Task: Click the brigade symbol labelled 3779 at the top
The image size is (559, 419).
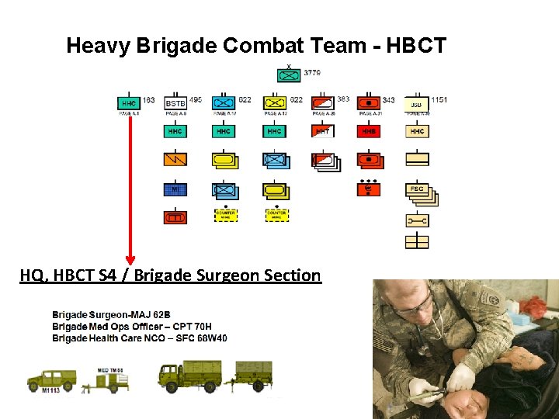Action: (x=289, y=75)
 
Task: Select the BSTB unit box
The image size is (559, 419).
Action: (x=175, y=103)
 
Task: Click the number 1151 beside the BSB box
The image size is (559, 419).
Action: (x=439, y=100)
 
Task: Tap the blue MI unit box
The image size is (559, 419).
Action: (x=175, y=189)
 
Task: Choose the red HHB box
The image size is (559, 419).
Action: (x=369, y=131)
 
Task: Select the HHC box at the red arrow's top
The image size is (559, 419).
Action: (x=129, y=102)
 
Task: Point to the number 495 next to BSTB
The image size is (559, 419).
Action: (x=196, y=100)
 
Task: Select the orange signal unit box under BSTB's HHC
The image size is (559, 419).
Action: (x=175, y=159)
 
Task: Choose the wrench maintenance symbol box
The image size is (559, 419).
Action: (x=417, y=220)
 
